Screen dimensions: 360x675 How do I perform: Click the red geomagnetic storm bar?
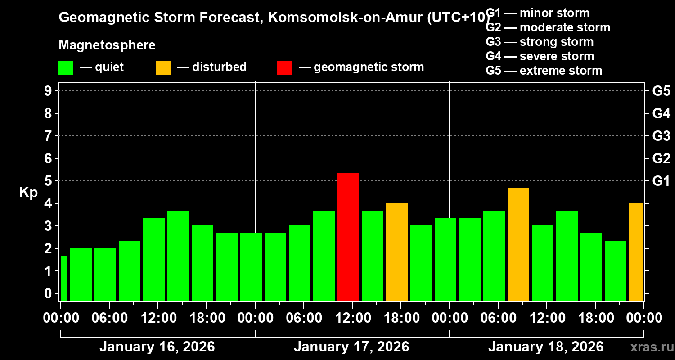[348, 237]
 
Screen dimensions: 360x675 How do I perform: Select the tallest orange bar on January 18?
[518, 244]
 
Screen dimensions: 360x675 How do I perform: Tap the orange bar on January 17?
[397, 252]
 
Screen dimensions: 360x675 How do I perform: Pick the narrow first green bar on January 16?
[64, 278]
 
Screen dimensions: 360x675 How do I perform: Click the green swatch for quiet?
[66, 67]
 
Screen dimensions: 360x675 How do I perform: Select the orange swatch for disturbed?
[163, 67]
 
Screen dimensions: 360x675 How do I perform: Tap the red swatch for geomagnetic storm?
[284, 67]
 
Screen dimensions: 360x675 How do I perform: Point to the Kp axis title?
[28, 193]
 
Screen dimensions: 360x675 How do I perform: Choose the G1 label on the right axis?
[661, 181]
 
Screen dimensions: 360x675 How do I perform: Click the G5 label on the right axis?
[661, 91]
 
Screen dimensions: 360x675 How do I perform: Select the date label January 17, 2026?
[351, 347]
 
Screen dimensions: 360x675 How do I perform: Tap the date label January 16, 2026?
[157, 347]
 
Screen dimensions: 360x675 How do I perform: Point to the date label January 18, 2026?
[546, 347]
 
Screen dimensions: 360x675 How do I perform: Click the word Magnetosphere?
[107, 45]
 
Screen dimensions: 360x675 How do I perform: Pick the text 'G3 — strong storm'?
[540, 42]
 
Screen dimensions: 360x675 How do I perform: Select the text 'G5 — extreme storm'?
[544, 71]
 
